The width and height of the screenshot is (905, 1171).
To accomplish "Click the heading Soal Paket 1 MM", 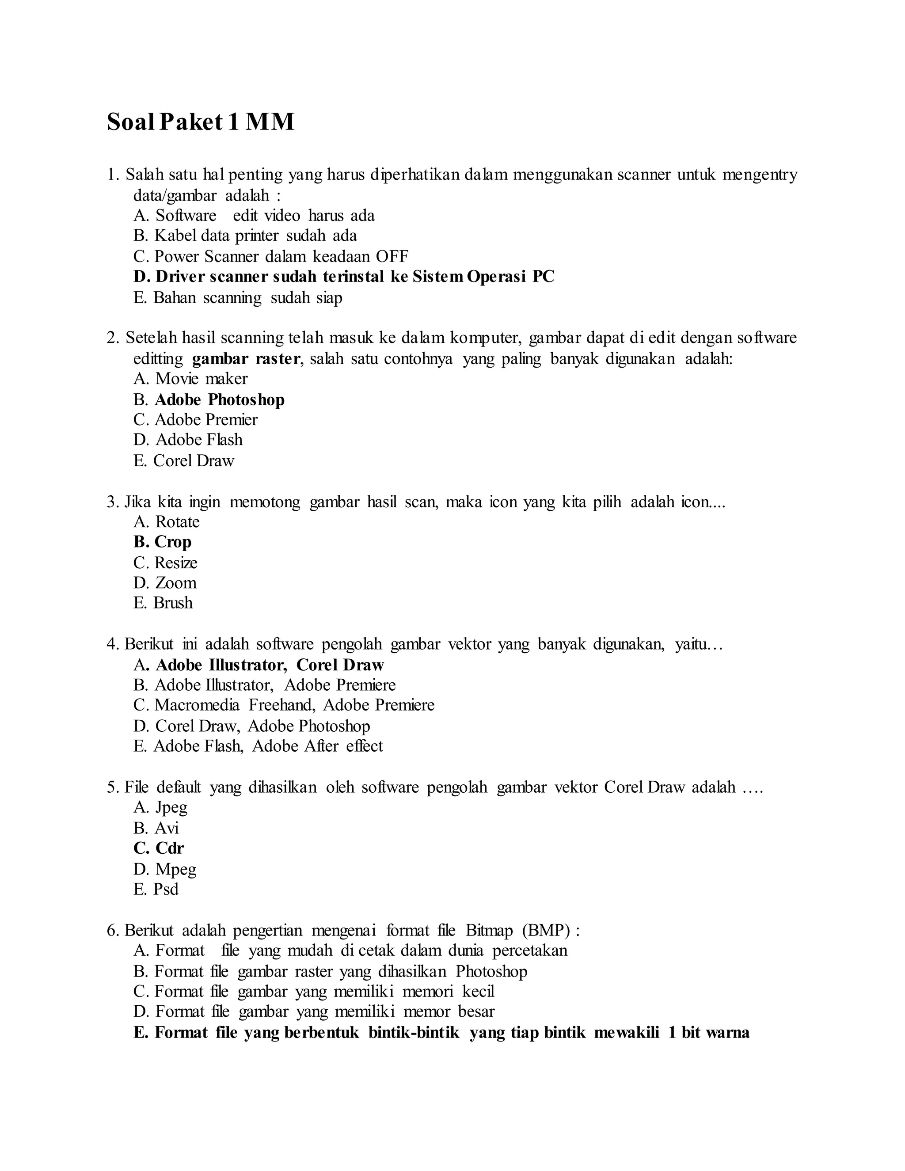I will tap(201, 122).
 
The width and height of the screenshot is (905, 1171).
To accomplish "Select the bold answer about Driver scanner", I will tap(344, 277).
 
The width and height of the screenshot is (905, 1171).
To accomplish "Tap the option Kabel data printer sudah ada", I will tap(245, 236).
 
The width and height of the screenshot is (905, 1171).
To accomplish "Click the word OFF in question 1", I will tap(392, 256).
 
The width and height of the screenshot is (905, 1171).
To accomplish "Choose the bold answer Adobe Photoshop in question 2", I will tap(219, 399).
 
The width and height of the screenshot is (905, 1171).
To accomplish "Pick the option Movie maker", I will tap(190, 379).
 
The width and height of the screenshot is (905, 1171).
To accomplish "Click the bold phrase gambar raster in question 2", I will tap(246, 359).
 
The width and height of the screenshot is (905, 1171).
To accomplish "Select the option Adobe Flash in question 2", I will tap(188, 440).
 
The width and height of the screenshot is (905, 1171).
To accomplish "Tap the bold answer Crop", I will tap(163, 542).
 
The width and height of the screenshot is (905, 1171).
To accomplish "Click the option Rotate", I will tap(167, 522).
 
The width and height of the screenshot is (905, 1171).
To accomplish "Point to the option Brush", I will tap(163, 603).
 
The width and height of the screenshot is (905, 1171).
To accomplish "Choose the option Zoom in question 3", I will tap(165, 583).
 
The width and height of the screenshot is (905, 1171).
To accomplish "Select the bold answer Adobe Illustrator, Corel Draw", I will tap(259, 665).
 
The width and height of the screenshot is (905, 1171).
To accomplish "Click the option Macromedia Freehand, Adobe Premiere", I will tap(284, 705).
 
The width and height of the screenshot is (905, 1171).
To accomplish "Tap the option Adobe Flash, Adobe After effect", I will tap(258, 746).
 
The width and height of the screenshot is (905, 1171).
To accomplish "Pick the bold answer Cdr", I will tap(159, 848).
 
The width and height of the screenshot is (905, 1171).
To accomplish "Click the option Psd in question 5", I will tap(156, 889).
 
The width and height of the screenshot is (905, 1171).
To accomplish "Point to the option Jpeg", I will tap(160, 807).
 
